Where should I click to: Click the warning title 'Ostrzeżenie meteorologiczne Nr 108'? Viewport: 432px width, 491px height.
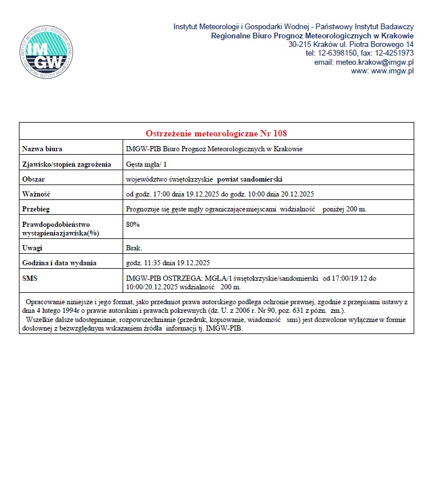216,133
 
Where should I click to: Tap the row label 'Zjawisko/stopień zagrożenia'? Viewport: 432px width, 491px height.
66,164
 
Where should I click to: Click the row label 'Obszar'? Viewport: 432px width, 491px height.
34,179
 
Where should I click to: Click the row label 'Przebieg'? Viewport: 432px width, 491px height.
36,209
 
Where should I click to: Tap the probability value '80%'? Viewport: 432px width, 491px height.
133,224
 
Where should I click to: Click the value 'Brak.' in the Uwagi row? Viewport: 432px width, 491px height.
134,248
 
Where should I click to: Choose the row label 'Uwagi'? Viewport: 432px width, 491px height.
33,248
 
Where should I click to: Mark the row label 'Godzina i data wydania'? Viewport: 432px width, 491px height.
59,263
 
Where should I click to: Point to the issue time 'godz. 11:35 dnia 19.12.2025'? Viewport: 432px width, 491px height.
168,263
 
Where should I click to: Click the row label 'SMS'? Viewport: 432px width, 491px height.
30,278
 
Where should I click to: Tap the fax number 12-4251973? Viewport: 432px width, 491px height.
395,53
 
